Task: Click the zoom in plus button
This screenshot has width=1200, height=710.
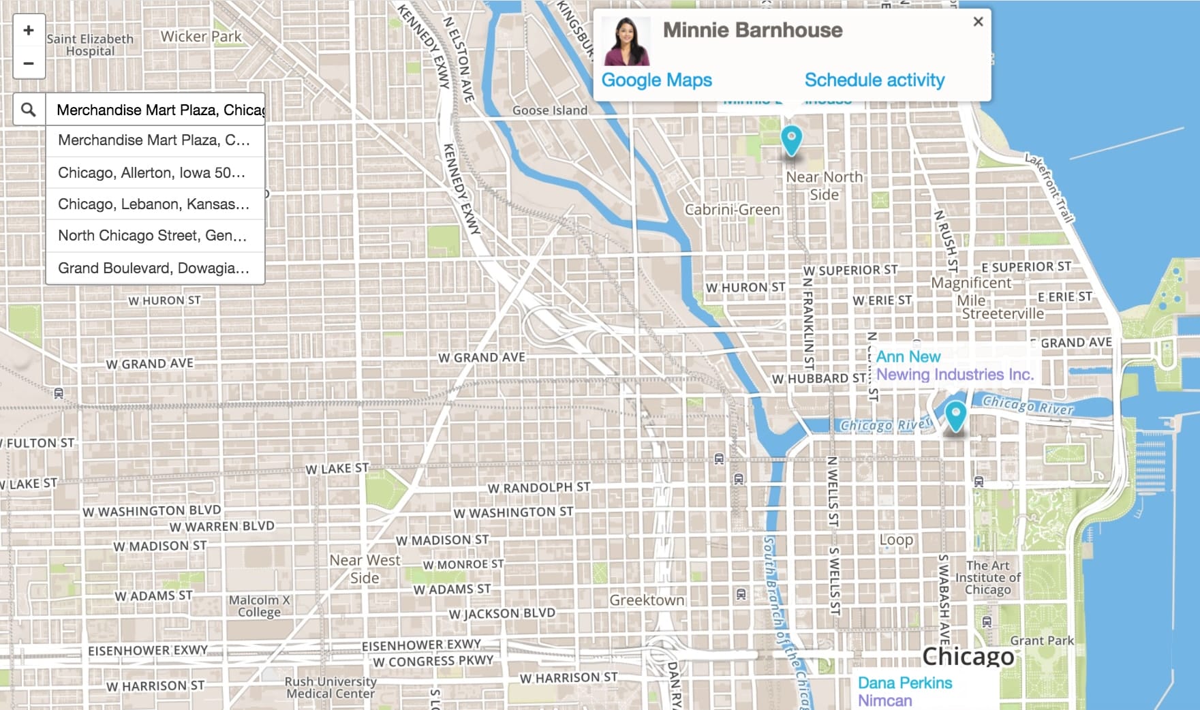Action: tap(29, 30)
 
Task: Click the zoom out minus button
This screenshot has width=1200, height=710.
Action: tap(29, 63)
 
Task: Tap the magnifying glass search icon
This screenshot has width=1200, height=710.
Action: tap(29, 110)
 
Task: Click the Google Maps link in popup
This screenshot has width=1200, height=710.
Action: tap(656, 80)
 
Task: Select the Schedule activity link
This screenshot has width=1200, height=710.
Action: tap(874, 80)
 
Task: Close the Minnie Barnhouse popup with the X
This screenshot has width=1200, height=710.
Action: tap(978, 22)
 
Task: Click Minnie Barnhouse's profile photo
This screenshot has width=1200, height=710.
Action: tap(626, 42)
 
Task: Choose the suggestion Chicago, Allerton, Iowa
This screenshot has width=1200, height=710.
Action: tap(152, 173)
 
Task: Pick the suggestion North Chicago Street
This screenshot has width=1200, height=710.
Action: tap(152, 236)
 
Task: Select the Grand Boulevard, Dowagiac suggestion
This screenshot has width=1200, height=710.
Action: tap(153, 268)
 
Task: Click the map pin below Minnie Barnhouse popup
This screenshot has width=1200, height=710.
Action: tap(790, 140)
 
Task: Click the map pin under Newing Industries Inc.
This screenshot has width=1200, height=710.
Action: tap(955, 415)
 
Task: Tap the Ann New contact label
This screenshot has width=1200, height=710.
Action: tap(908, 356)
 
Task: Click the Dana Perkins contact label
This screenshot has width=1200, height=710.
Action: tap(904, 683)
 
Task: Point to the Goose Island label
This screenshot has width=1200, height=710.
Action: tap(549, 110)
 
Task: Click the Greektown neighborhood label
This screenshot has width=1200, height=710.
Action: tap(647, 600)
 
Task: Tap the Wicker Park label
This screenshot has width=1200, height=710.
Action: tap(201, 36)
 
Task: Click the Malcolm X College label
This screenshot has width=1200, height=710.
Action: tap(259, 606)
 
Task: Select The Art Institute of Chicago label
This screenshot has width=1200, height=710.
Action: tap(987, 577)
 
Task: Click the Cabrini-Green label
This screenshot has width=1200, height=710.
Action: tap(733, 210)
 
